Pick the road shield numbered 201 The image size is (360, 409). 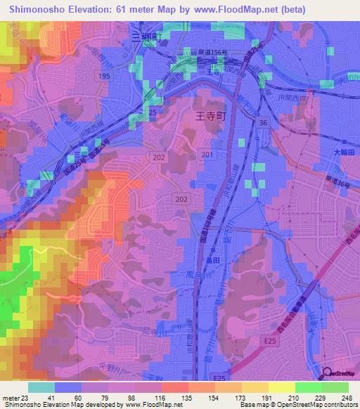point(206,154)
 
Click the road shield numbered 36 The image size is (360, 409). point(264,123)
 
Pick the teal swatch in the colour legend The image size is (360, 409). point(41,387)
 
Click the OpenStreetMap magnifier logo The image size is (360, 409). point(324,373)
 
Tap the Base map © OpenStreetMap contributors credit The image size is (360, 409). point(298,405)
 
